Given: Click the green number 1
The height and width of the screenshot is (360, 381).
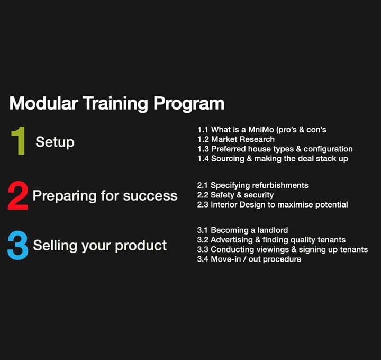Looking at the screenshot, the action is click(x=20, y=140).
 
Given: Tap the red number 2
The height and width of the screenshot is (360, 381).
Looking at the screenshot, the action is click(x=18, y=195).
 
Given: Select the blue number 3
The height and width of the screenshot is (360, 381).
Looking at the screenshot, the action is click(x=18, y=245).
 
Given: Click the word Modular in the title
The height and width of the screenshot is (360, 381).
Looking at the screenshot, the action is click(x=44, y=103).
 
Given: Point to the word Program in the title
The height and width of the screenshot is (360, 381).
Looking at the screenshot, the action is click(x=189, y=104).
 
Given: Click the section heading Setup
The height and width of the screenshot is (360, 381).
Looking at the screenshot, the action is click(x=55, y=142).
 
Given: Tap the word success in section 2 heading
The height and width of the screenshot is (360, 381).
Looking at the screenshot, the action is click(x=150, y=196).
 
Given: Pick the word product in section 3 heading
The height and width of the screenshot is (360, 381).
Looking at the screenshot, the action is click(x=141, y=246).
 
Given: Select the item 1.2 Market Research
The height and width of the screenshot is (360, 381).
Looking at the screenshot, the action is click(x=236, y=139).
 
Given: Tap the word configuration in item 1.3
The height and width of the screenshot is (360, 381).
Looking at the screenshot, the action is click(x=328, y=149).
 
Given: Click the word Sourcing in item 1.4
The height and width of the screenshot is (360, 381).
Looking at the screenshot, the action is click(x=228, y=159).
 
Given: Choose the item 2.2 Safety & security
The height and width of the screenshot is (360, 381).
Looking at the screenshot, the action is click(x=235, y=195).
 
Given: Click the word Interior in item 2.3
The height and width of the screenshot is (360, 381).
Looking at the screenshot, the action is click(x=224, y=205).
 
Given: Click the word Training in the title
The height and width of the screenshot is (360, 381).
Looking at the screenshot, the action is click(x=115, y=104).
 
